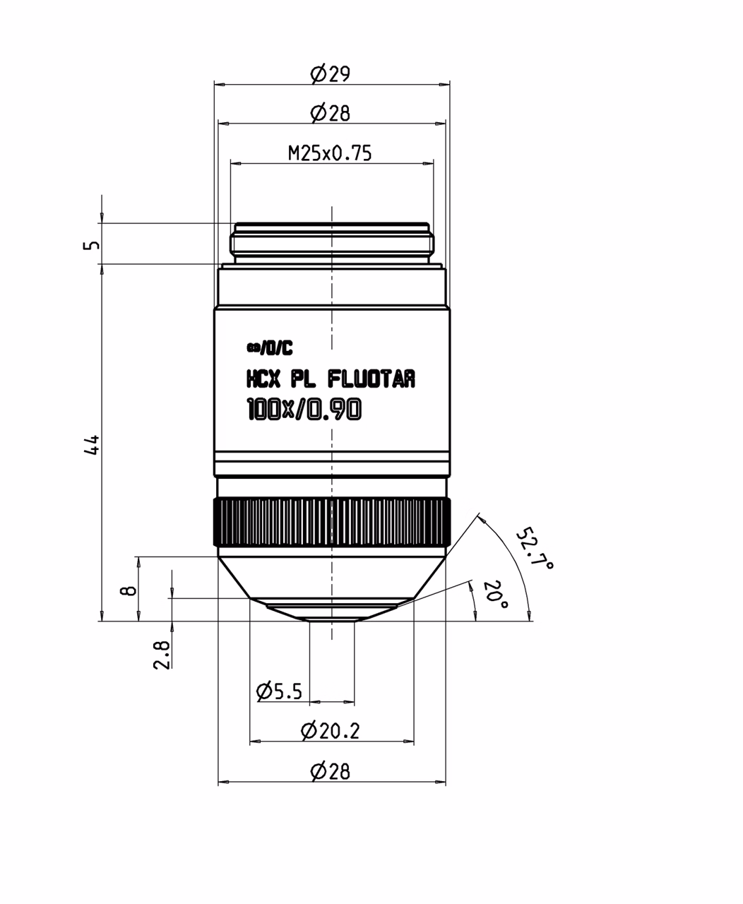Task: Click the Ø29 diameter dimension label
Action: tap(330, 73)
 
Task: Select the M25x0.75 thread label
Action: tap(330, 153)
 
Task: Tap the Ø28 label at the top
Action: tap(330, 113)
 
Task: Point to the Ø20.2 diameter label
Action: tap(330, 731)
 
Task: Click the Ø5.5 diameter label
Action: tap(279, 691)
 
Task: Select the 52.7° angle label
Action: tap(534, 548)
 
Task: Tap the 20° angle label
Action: tap(496, 595)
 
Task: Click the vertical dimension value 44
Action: tap(92, 444)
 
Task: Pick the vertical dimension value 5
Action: tap(92, 245)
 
